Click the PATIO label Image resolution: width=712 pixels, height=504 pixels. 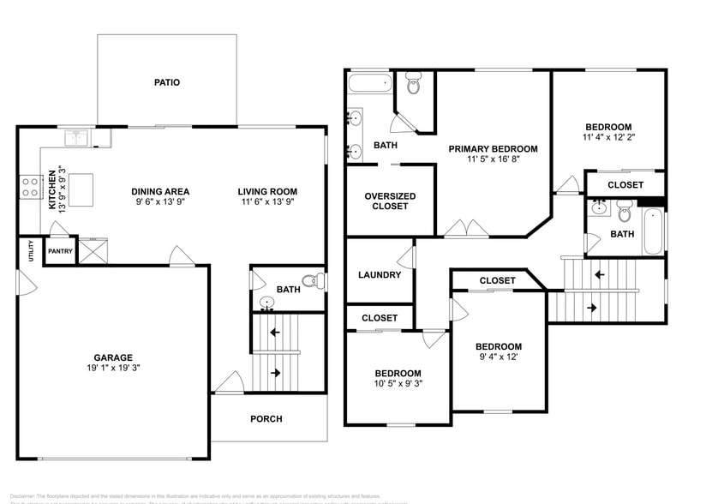[x=167, y=82]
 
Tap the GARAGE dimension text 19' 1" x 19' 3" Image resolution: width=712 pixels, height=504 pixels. [x=113, y=369]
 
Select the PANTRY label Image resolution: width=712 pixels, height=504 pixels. [x=60, y=251]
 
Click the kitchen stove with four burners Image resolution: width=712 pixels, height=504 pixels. [x=30, y=186]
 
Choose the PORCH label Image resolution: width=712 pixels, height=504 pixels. [x=266, y=418]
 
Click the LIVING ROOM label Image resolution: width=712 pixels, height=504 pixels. [x=267, y=191]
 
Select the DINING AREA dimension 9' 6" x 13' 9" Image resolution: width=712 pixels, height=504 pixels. [x=160, y=203]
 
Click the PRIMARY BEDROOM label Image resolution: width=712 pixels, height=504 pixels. [x=493, y=148]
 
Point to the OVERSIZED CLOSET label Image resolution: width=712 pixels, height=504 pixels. [x=390, y=201]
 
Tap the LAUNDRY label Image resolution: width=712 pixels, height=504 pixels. [x=380, y=275]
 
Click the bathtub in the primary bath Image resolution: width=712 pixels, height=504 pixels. [x=369, y=84]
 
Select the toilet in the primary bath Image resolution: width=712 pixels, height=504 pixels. [x=415, y=85]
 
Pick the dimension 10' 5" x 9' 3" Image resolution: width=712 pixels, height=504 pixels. [x=398, y=385]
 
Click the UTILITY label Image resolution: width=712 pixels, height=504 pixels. [x=30, y=251]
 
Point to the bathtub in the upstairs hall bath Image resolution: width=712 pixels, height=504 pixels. [x=654, y=233]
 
